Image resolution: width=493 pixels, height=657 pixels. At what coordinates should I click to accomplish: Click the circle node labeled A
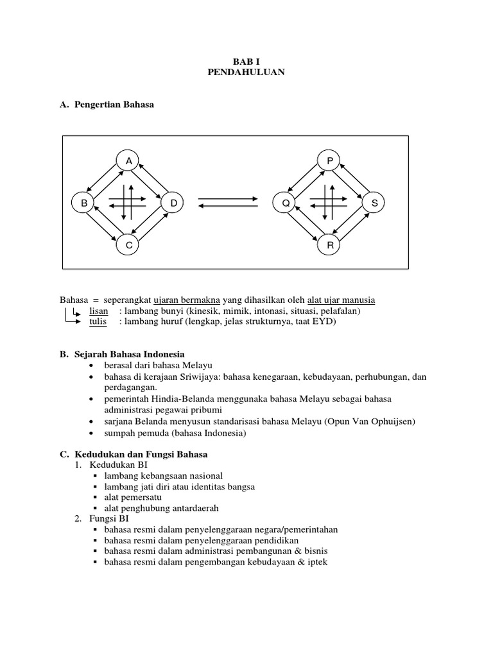click(128, 161)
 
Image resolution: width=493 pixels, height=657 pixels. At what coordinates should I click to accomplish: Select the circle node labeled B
click(83, 203)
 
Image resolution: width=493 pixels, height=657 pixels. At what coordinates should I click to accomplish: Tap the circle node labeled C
click(128, 245)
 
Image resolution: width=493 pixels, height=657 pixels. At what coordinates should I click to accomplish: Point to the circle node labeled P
click(330, 161)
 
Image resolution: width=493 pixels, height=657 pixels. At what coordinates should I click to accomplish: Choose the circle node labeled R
click(330, 245)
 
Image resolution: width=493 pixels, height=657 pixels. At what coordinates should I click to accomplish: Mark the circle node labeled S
click(374, 203)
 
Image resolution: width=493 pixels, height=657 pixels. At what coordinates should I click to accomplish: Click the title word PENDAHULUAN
click(246, 73)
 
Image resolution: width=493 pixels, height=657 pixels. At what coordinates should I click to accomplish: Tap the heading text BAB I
click(246, 61)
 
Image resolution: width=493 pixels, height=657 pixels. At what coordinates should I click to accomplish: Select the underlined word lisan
click(99, 311)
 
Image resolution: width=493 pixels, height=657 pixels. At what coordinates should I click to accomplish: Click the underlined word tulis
click(98, 321)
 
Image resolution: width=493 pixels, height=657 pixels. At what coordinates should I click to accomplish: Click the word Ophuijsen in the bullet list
click(395, 421)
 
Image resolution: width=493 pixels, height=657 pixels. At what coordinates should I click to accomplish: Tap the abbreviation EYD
click(324, 321)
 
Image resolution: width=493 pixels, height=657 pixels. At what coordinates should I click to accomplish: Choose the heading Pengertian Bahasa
click(115, 105)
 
